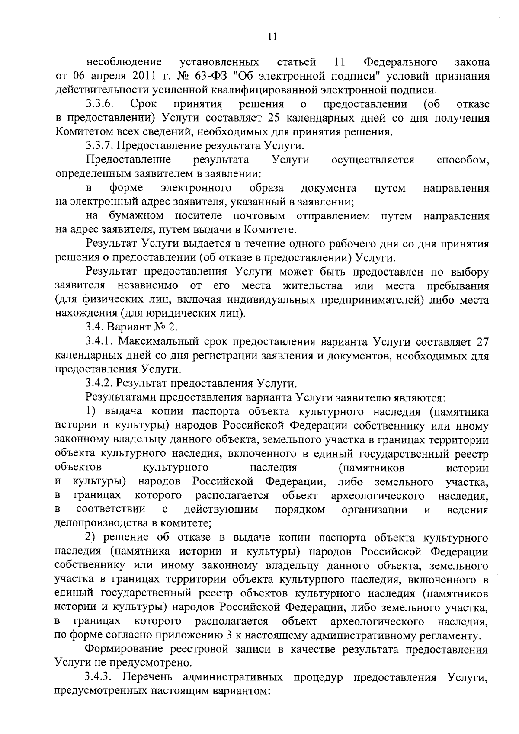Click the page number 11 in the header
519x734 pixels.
point(272,37)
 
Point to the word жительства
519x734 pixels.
point(312,286)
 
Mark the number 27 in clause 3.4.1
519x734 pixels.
point(482,342)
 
